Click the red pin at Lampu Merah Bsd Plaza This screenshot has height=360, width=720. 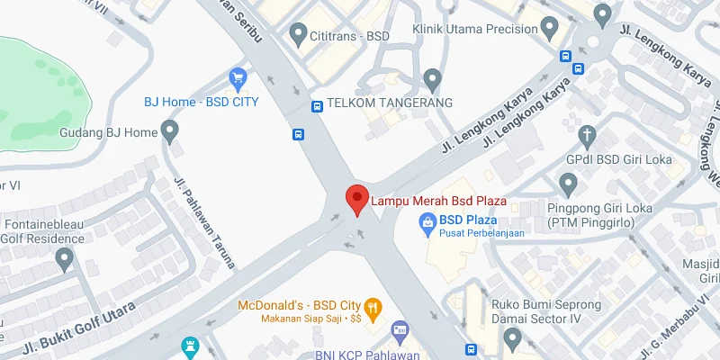(x=356, y=199)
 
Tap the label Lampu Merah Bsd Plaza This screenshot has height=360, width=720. (x=439, y=200)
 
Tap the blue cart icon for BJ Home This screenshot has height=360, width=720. (x=238, y=78)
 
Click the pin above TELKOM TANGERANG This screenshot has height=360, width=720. (x=432, y=79)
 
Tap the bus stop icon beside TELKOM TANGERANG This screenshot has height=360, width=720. (x=317, y=105)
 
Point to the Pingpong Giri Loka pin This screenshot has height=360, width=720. (x=568, y=184)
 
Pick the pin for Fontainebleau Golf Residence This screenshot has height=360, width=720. (x=63, y=259)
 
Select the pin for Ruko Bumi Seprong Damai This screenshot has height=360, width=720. (x=513, y=338)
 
